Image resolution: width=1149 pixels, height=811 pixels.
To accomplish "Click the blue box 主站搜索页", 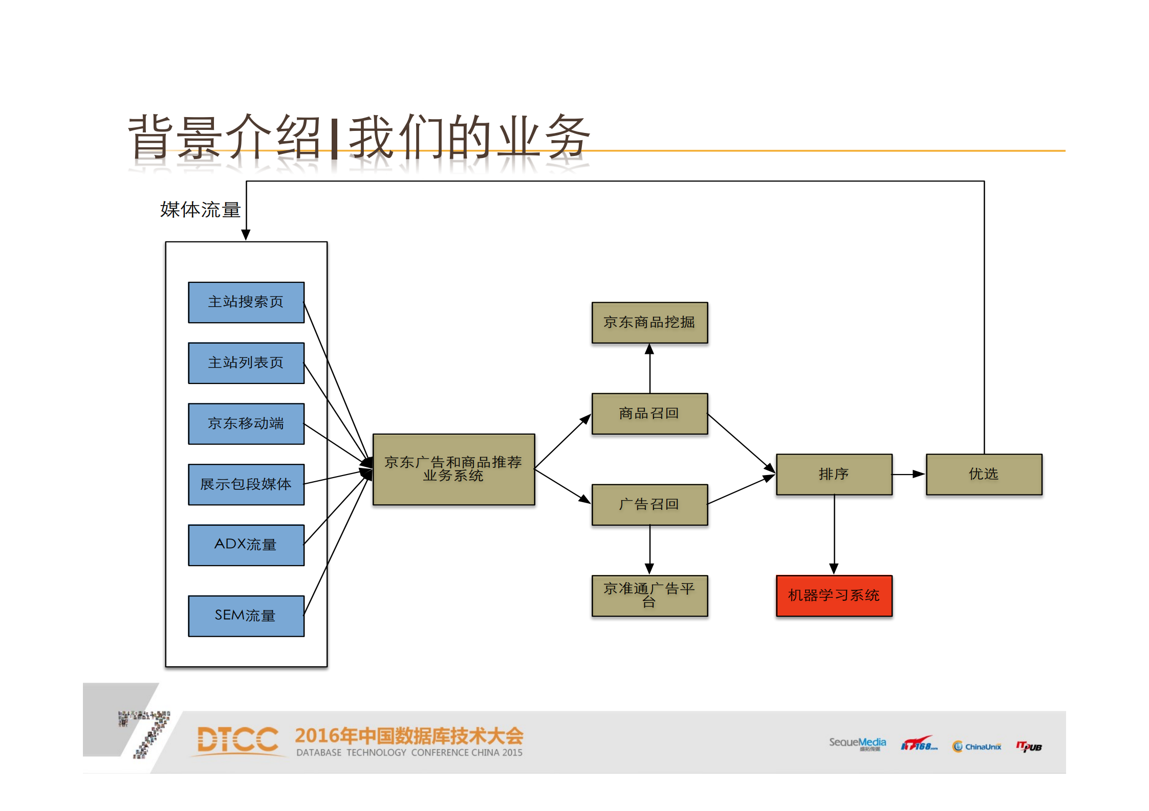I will pos(246,302).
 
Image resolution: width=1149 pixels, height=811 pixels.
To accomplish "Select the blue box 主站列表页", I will pos(246,363).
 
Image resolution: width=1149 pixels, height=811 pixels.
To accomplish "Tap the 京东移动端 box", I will pos(246,424).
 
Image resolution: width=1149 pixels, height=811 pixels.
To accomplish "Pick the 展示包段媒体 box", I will pos(246,484).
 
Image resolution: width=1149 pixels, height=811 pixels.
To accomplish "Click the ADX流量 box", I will pos(246,545).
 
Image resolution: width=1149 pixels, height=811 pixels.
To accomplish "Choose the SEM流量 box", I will pos(246,616).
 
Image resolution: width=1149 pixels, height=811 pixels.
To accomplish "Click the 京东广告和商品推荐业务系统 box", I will pos(453,469).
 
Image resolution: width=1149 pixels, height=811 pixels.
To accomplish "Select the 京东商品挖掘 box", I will pos(649,323).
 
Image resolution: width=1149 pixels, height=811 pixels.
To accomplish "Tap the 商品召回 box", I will pos(649,414).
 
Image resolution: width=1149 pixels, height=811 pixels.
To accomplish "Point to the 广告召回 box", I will pos(649,505).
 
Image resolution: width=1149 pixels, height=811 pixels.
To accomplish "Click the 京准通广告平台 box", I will pos(649,596).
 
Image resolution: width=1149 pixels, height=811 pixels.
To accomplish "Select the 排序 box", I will pos(834,475).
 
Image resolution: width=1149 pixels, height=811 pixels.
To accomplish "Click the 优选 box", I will pos(984,475).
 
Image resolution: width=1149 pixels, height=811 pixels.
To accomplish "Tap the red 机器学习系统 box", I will pos(834,596).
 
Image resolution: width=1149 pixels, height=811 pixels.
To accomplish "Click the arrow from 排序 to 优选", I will pos(909,475).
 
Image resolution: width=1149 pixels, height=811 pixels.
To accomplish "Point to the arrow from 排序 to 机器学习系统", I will pos(834,534).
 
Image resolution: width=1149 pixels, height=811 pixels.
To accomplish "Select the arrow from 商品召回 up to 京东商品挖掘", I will pos(650,368).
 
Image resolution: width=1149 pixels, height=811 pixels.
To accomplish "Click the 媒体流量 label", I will pos(200,210).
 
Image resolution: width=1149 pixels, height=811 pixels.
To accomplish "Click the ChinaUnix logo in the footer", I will pos(977,747).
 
